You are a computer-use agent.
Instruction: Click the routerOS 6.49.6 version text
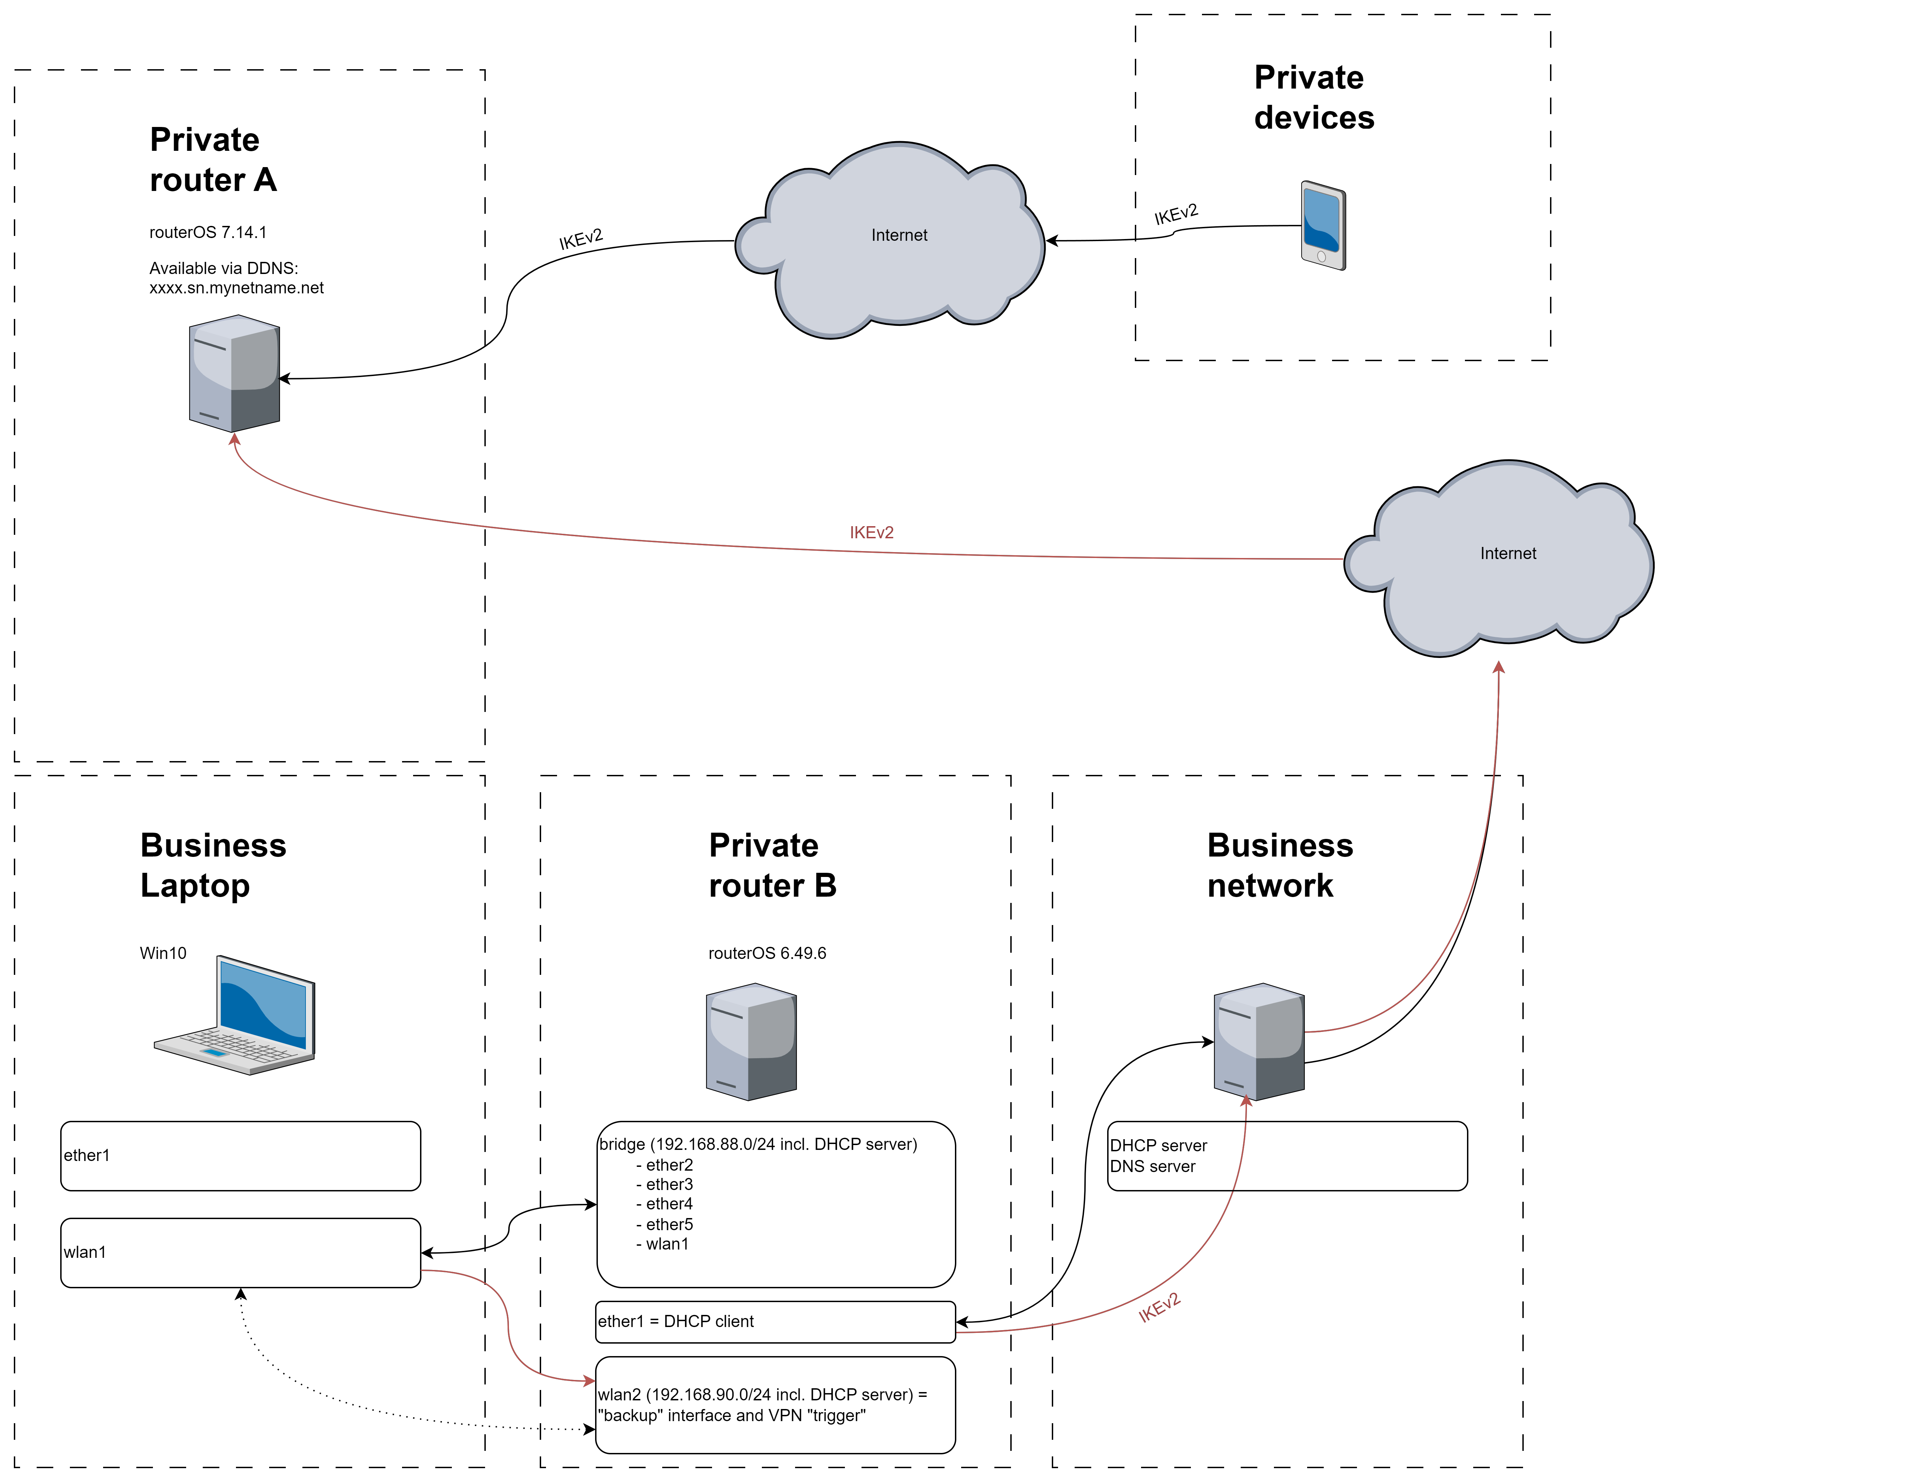tap(767, 954)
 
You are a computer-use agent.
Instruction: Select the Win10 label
tap(163, 954)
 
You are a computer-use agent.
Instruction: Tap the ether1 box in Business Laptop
tap(240, 1155)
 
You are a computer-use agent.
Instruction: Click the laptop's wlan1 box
tap(240, 1253)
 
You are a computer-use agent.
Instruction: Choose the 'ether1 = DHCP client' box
tap(775, 1321)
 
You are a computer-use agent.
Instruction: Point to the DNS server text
tap(1152, 1167)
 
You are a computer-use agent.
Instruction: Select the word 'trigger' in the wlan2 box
tap(836, 1416)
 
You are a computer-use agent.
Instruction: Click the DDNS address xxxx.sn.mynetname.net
tap(236, 289)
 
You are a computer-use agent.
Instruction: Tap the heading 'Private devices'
tap(1314, 97)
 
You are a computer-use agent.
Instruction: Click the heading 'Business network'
tap(1279, 866)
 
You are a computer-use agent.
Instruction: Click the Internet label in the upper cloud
tap(899, 236)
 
